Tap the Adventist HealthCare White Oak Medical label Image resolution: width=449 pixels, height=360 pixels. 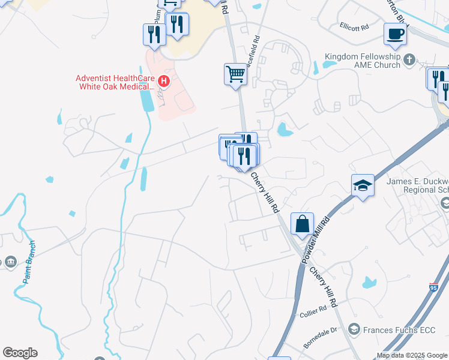(x=114, y=82)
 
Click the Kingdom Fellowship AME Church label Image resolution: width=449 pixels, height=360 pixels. (x=362, y=61)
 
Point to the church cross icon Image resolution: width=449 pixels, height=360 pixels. (x=409, y=59)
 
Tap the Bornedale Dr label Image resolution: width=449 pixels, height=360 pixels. (x=325, y=330)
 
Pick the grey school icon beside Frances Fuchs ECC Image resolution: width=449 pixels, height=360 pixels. (x=354, y=329)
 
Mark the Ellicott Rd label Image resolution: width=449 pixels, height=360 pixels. (x=353, y=26)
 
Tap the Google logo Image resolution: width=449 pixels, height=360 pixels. (x=20, y=353)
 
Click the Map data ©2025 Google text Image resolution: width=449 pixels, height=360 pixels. (x=412, y=355)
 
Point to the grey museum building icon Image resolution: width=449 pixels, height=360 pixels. (x=11, y=262)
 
